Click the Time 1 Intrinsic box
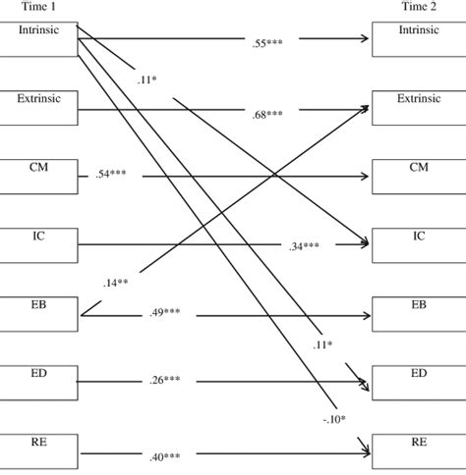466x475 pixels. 38,39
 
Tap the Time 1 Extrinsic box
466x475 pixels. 38,109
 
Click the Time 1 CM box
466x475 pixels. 38,177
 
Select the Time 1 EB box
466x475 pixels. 38,314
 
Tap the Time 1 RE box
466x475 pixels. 38,451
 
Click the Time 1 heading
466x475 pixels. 38,7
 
